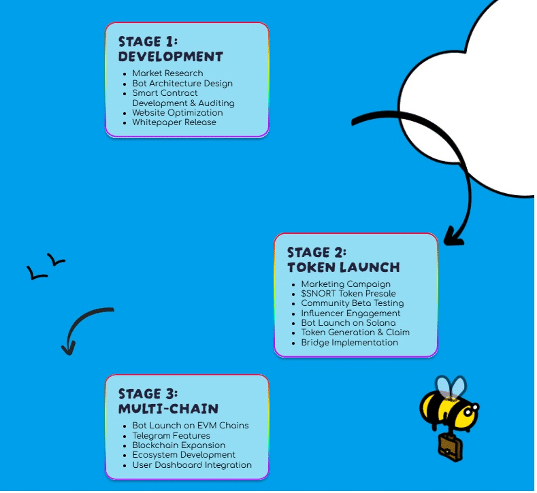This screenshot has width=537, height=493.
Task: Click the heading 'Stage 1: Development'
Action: point(170,49)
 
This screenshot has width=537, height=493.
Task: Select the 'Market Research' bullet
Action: point(167,73)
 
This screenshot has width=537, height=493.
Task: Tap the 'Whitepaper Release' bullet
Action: point(174,122)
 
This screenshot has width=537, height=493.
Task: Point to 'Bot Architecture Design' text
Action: point(182,84)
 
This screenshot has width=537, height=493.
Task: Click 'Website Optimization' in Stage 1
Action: point(177,113)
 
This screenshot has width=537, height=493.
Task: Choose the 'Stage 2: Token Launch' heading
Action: point(343,260)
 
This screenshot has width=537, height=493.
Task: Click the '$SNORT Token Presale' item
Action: point(348,294)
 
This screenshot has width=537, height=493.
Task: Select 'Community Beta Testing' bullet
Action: point(352,303)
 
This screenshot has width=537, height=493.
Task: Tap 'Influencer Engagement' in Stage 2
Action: point(351,313)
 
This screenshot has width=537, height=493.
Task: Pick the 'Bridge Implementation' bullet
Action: point(349,343)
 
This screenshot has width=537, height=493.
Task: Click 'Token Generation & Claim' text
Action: point(355,333)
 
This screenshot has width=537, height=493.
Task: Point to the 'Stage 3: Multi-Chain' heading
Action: point(168,401)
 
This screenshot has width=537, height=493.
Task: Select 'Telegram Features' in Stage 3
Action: point(171,436)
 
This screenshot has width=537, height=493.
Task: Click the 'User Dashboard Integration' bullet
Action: point(192,465)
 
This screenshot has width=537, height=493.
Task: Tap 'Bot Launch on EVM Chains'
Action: point(191,426)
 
